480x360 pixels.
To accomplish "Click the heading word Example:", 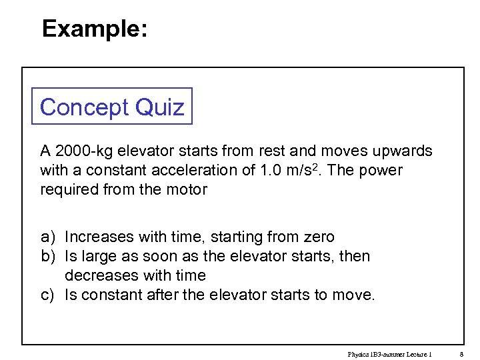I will [95, 29].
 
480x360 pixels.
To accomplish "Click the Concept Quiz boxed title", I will [112, 107].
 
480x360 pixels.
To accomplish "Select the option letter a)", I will [47, 237].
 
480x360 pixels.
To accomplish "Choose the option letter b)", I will [47, 257].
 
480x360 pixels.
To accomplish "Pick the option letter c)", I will [47, 295].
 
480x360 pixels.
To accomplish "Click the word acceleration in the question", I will [198, 171].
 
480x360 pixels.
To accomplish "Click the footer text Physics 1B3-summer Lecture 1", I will [390, 354].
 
